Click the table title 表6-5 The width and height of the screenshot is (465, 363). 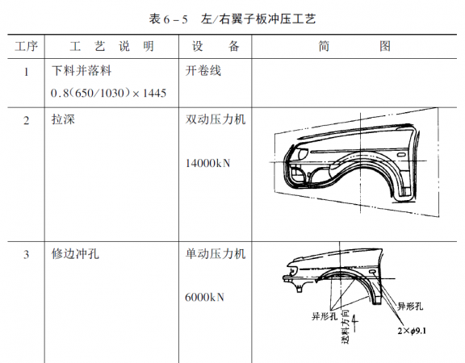click(168, 19)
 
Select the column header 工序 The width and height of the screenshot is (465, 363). click(26, 46)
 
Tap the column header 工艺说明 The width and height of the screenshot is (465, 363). click(111, 46)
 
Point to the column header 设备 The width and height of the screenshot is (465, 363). click(216, 46)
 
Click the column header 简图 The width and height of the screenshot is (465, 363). click(354, 46)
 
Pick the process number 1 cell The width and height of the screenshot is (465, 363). click(26, 72)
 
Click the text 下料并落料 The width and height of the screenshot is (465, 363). click(82, 71)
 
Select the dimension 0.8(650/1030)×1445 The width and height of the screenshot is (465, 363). click(108, 93)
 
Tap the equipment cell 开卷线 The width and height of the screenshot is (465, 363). click(203, 71)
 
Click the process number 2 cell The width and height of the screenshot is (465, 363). click(26, 121)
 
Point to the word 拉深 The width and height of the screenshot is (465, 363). click(63, 119)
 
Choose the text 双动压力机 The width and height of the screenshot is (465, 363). click(216, 119)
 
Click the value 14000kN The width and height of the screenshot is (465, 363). click(207, 163)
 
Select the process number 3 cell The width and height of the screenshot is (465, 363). click(26, 255)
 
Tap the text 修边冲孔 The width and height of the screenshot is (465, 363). click(75, 254)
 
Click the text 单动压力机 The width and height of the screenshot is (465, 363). click(216, 254)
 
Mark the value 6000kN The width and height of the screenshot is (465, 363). click(204, 297)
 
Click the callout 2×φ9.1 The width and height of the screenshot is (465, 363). click(412, 331)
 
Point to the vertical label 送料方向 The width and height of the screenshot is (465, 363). click(346, 327)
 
